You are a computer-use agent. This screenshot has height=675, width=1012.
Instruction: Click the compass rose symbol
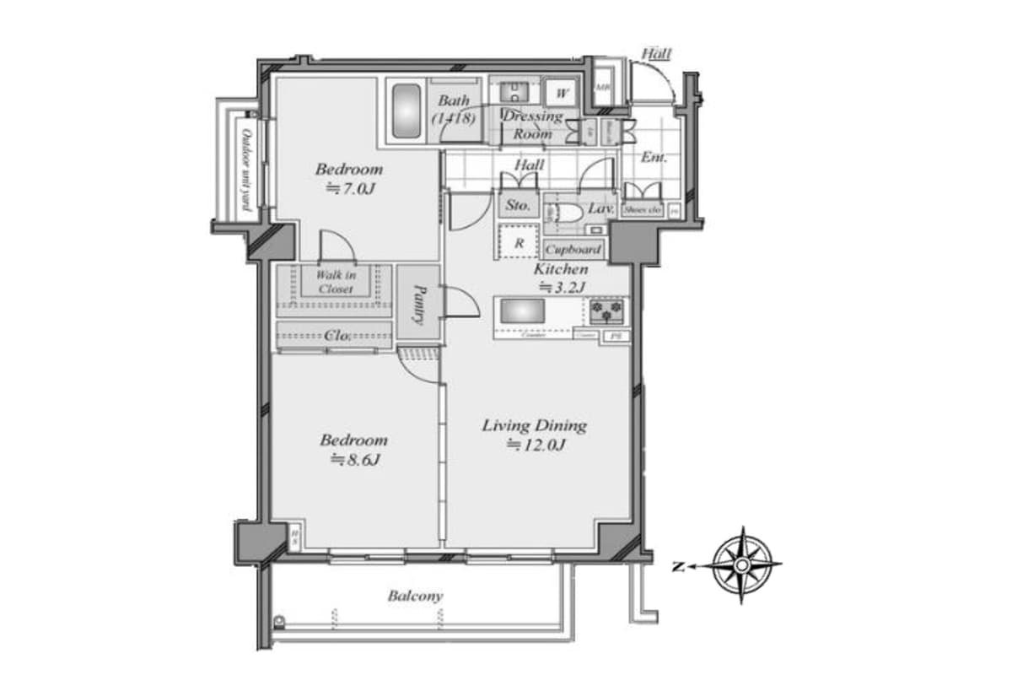pos(741,565)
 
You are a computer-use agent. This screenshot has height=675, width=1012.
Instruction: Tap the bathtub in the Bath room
pos(406,112)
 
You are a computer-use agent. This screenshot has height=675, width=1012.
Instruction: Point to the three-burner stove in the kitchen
pos(607,312)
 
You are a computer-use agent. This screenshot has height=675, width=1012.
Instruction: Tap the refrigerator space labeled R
pos(519,243)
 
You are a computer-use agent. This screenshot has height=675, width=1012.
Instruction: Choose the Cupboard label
pos(573,250)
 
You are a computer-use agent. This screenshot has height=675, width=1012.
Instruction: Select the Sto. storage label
pos(518,205)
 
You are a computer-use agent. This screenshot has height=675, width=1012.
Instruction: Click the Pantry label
pos(418,303)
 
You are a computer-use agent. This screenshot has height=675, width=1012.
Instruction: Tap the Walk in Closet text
pos(336,282)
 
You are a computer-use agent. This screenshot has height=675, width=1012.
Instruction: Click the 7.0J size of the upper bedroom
pos(350,189)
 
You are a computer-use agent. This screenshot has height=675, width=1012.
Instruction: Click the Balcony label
pos(415,596)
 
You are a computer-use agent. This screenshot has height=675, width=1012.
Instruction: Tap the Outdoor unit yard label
pos(246,169)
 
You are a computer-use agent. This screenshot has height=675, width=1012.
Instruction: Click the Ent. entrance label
pos(654,157)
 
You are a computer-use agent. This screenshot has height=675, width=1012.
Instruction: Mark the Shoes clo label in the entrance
pos(642,209)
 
